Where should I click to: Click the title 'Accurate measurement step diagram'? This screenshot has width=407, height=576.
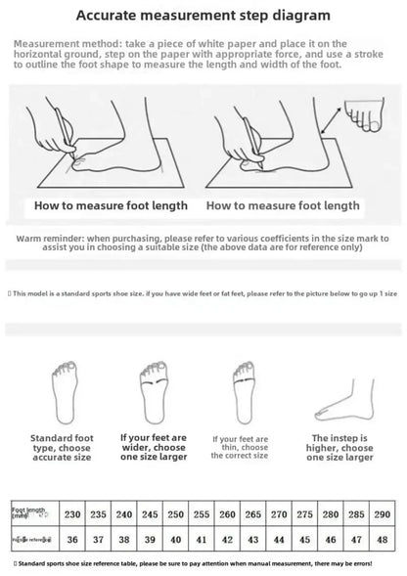coord(203,16)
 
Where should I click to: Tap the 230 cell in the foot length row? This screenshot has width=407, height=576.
coord(71,514)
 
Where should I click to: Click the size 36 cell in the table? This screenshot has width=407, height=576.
coord(71,540)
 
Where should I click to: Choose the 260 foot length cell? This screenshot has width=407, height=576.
coord(226,514)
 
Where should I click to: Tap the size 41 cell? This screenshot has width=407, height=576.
coord(201,540)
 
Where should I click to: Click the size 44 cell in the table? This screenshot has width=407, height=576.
coord(278,540)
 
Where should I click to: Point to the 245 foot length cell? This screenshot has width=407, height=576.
coord(149,514)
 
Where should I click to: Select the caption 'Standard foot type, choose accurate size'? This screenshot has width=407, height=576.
coord(63,448)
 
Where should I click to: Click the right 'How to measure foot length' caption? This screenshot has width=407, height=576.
coord(282,207)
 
